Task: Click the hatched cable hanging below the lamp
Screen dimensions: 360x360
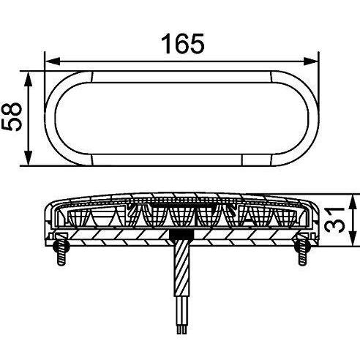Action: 179,285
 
